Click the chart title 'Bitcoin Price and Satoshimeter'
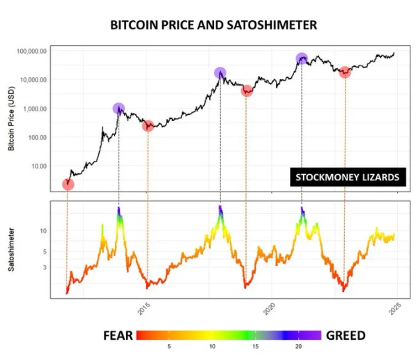tap(214, 24)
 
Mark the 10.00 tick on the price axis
tap(36, 167)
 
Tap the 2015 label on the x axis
tap(144, 307)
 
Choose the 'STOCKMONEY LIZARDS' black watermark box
tap(347, 178)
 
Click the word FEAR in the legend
tap(118, 336)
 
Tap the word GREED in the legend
tap(346, 336)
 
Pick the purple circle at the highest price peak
tap(302, 58)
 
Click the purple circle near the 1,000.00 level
tap(118, 108)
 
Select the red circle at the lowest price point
tap(68, 184)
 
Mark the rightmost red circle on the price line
tap(344, 72)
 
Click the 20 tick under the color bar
tap(298, 346)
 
